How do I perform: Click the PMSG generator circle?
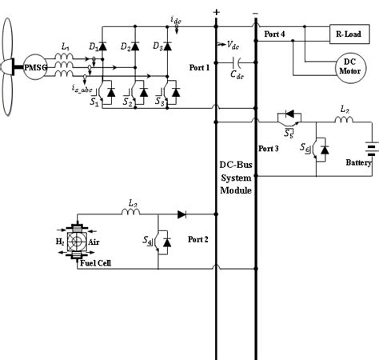[x=36, y=70]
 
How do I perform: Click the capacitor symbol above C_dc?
[x=237, y=61]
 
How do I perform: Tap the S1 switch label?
[x=94, y=102]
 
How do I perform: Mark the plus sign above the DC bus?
[x=216, y=11]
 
